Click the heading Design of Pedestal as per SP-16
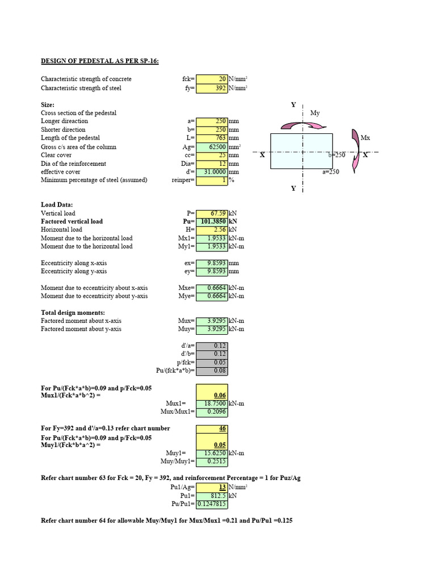pos(100,61)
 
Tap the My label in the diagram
pos(315,113)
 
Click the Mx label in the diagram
pos(365,138)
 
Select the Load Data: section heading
pos(57,205)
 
